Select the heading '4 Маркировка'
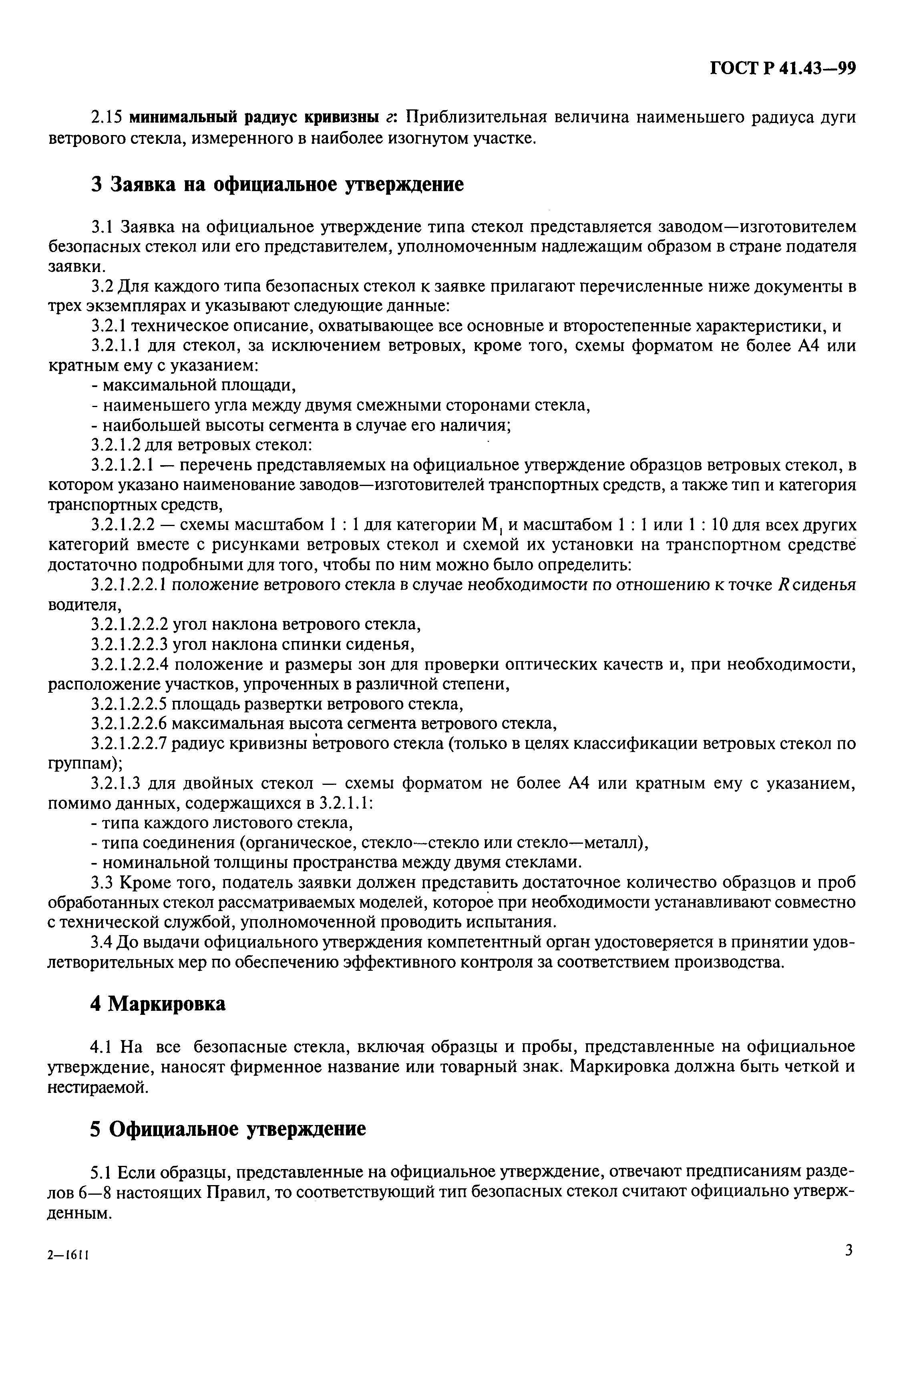coord(157,1003)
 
